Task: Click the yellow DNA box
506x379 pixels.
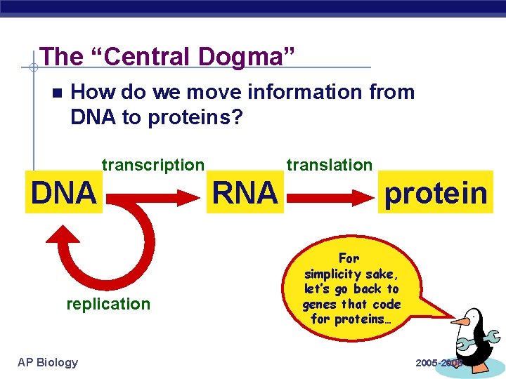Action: click(x=63, y=192)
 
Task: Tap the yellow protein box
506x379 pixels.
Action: click(x=435, y=192)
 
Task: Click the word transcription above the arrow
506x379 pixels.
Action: click(x=153, y=165)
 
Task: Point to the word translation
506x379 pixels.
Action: click(x=329, y=165)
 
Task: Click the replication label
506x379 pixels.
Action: click(x=108, y=304)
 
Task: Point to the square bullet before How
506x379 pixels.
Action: click(x=57, y=93)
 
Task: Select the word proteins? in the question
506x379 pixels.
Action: click(x=196, y=117)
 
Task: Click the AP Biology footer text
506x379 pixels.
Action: click(x=48, y=362)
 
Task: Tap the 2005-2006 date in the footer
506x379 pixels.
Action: click(x=438, y=363)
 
